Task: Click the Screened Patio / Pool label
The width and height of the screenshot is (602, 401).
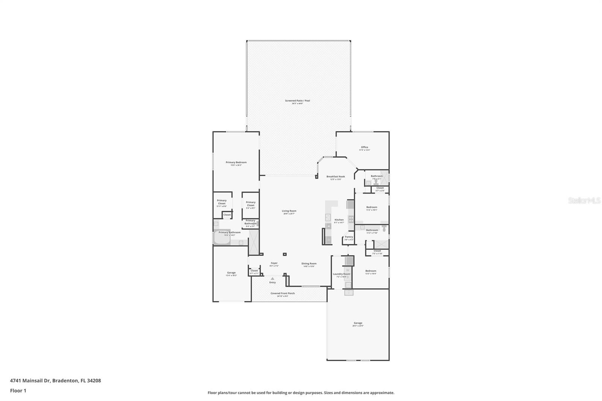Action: [297, 101]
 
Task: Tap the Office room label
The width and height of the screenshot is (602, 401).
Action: [364, 147]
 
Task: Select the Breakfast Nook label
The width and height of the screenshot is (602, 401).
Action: [335, 176]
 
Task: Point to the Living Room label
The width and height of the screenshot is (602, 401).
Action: [289, 211]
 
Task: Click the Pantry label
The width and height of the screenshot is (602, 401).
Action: [349, 237]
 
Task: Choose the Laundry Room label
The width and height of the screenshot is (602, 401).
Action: [341, 274]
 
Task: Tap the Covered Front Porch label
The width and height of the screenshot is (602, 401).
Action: [283, 293]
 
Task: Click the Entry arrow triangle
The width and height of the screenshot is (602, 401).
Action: [272, 279]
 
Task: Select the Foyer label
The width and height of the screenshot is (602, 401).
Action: [274, 263]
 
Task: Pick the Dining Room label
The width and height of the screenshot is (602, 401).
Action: [309, 264]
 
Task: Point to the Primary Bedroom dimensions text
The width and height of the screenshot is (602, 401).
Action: [236, 165]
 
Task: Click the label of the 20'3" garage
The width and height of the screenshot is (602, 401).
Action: [358, 323]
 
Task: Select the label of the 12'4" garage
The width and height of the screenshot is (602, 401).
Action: [231, 273]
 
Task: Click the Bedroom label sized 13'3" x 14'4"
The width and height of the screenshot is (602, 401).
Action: [371, 271]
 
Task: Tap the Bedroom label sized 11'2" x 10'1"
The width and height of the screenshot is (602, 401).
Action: [371, 207]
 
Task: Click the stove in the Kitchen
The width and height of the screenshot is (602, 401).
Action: [351, 218]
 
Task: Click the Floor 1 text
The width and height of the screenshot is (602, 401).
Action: [18, 391]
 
